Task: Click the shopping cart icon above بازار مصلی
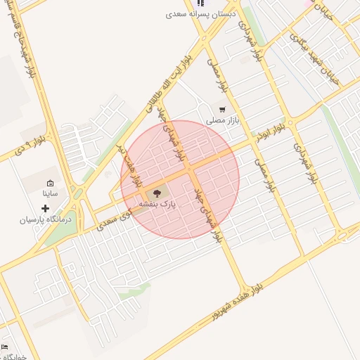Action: [222, 110]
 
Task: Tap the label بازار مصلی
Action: [223, 120]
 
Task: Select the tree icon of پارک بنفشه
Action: [156, 193]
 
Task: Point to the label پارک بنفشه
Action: [157, 203]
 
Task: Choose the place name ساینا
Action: [50, 193]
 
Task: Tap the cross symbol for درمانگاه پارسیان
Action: [46, 208]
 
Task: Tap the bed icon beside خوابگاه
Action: [4, 347]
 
